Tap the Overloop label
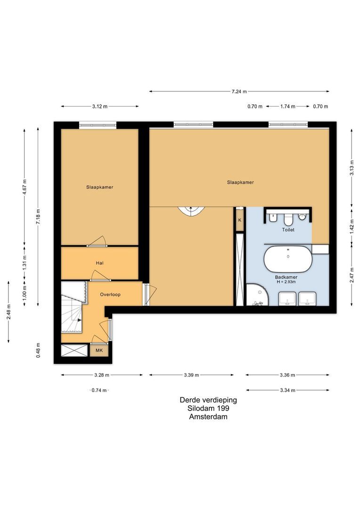coord(110,295)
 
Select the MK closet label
coord(99,351)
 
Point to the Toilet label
coord(288,230)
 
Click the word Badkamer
coord(286,277)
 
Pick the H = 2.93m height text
coord(286,282)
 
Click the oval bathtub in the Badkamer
coord(287,259)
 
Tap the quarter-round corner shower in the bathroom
coord(256,296)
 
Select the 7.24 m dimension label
coord(239,91)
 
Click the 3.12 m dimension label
coord(99,107)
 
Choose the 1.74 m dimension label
coord(287,107)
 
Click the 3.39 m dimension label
coord(191,375)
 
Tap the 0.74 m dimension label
coord(99,390)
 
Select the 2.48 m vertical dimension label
coord(8,312)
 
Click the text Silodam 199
coord(208,408)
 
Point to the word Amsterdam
coord(208,417)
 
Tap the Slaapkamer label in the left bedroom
coord(99,187)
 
